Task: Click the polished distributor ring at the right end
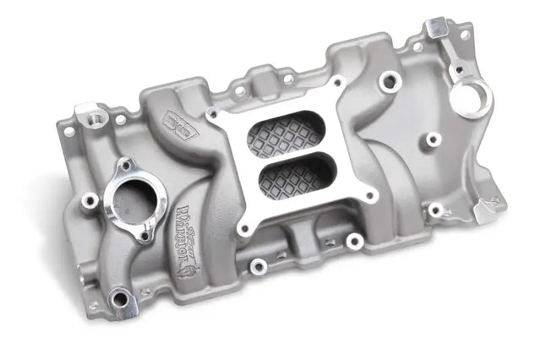tap(470, 95)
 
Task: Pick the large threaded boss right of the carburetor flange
tap(389, 81)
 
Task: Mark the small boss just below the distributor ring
tap(434, 139)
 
